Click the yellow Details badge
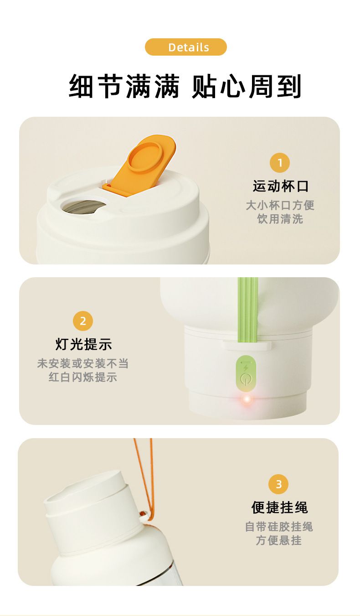pyautogui.click(x=186, y=47)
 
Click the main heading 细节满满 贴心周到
pyautogui.click(x=185, y=86)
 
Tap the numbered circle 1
pyautogui.click(x=280, y=163)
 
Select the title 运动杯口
pyautogui.click(x=281, y=186)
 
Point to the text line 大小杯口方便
pyautogui.click(x=280, y=205)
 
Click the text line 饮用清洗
pyautogui.click(x=280, y=219)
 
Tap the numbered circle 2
pyautogui.click(x=83, y=321)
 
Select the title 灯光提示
pyautogui.click(x=83, y=344)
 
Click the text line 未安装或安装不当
pyautogui.click(x=83, y=363)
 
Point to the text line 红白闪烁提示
pyautogui.click(x=83, y=377)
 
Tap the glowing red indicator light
pyautogui.click(x=247, y=399)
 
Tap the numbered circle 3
pyautogui.click(x=278, y=484)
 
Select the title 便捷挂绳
pyautogui.click(x=279, y=507)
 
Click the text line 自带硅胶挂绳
pyautogui.click(x=279, y=527)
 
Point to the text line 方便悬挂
pyautogui.click(x=279, y=540)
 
